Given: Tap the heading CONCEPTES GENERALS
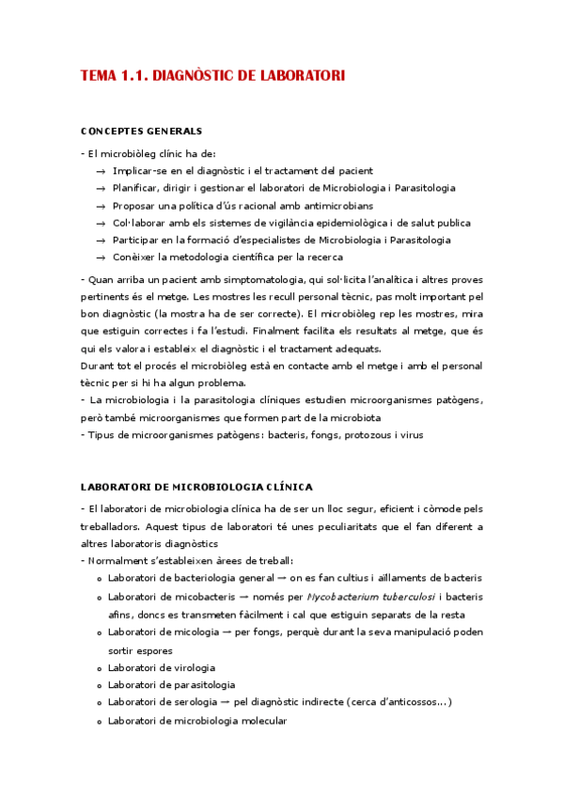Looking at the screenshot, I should coord(141,131).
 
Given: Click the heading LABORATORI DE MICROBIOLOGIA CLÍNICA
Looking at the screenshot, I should coord(196,486).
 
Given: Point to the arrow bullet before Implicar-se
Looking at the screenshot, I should coord(100,171).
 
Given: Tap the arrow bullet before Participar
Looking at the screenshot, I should coord(100,240).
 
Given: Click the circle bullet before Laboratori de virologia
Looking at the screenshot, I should coord(99,668).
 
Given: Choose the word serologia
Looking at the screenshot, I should coord(201,703).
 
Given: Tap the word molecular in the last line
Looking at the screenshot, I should coord(262,720).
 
